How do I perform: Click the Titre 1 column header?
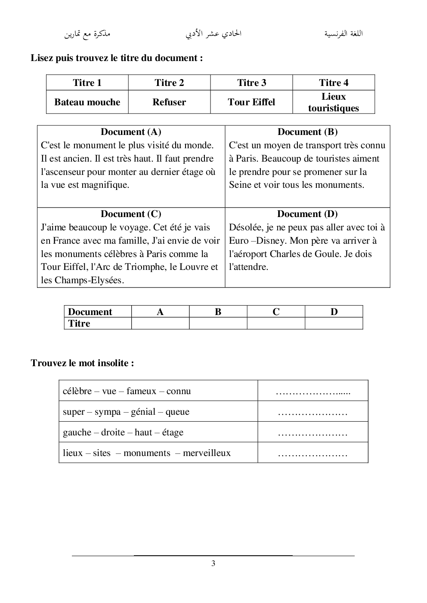(87, 83)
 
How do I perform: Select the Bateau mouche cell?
(87, 102)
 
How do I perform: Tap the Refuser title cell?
(169, 102)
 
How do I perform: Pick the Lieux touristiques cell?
(334, 102)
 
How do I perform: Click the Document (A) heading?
(131, 132)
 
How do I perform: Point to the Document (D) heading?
(307, 214)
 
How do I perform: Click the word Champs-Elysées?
(89, 281)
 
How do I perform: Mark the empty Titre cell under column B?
(218, 324)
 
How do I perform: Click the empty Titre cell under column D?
(334, 324)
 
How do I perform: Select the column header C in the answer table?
(276, 312)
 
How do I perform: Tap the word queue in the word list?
(177, 412)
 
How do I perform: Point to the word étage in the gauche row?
(173, 432)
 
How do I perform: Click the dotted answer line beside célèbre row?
(313, 392)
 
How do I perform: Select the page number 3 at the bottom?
(213, 563)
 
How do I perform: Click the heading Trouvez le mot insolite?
(82, 363)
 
